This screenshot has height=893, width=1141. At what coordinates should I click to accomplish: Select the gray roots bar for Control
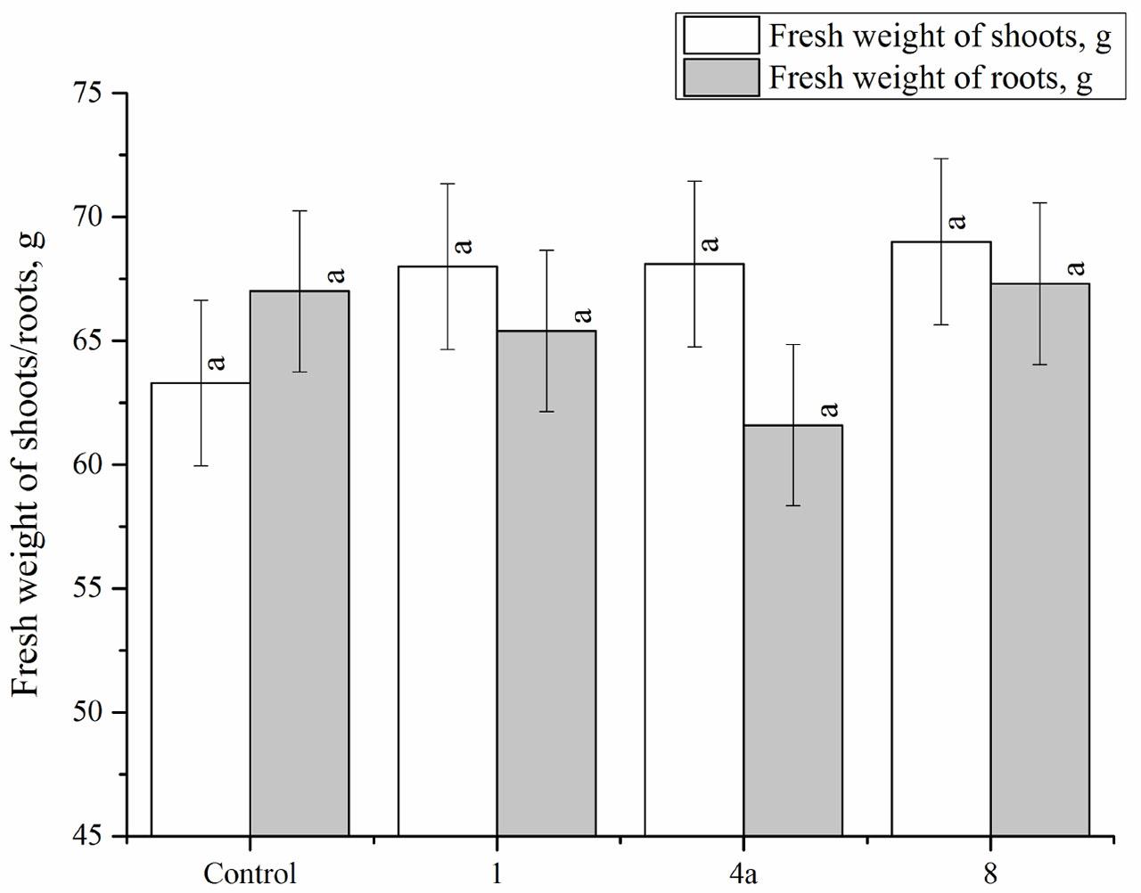300,570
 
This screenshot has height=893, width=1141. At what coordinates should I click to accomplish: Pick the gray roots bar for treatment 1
546,588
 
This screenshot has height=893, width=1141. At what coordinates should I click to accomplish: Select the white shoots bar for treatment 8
941,553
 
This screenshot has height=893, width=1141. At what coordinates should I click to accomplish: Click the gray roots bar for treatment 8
1040,570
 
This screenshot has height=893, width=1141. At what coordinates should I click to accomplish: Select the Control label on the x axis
250,873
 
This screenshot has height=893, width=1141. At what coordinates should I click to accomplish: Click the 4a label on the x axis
743,873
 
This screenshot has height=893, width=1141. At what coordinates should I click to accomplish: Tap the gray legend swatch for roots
721,78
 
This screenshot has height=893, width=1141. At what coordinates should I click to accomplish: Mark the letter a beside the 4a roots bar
829,409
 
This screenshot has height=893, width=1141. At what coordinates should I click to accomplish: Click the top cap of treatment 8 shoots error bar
941,159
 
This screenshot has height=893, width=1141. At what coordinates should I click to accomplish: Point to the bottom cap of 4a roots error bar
793,505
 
